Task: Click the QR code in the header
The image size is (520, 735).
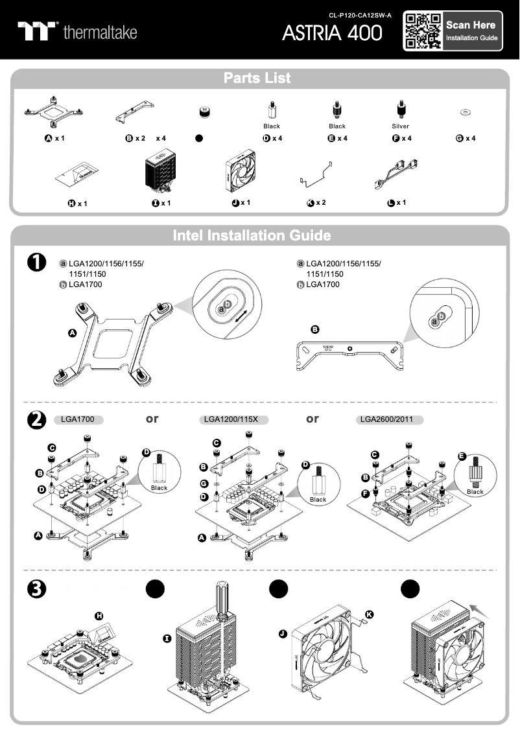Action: pyautogui.click(x=423, y=30)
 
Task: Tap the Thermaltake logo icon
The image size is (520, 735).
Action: pyautogui.click(x=38, y=31)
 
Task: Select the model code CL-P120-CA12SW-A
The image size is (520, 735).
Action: pyautogui.click(x=360, y=14)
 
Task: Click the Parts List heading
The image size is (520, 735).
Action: pyautogui.click(x=257, y=78)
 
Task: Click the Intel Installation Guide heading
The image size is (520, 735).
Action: pyautogui.click(x=252, y=235)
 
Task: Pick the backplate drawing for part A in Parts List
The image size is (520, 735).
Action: pyautogui.click(x=54, y=111)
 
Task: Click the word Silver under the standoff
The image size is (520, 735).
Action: pyautogui.click(x=400, y=126)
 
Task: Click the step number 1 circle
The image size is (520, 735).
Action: pyautogui.click(x=36, y=262)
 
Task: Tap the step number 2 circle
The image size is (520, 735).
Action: pyautogui.click(x=36, y=420)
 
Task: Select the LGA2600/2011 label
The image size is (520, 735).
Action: pyautogui.click(x=389, y=420)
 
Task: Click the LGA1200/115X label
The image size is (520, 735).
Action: pyautogui.click(x=231, y=420)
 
